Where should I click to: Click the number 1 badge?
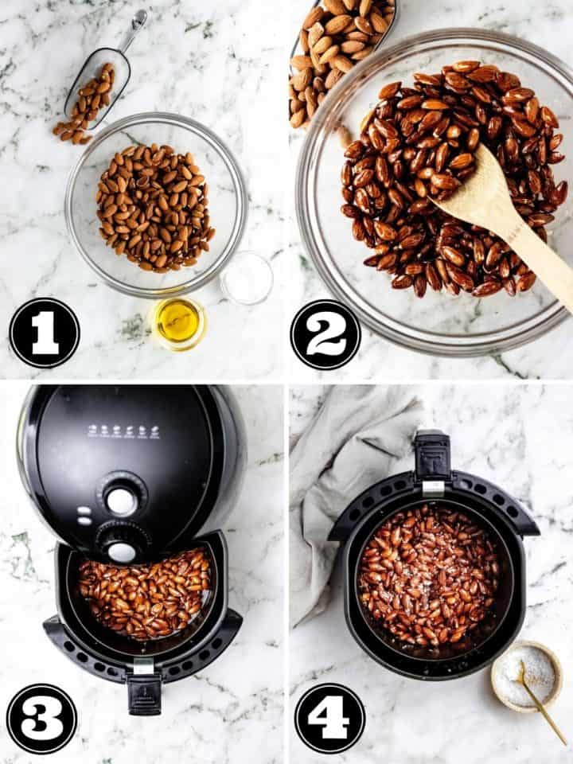(x=45, y=333)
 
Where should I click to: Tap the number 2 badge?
(x=325, y=334)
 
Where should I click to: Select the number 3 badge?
(x=41, y=719)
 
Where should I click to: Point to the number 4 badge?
(x=329, y=719)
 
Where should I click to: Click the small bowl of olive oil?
(x=177, y=322)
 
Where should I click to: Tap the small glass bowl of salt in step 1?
(x=248, y=278)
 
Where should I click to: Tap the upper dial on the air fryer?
(x=121, y=501)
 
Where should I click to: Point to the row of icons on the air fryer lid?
(x=123, y=431)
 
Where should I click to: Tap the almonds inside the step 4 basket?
(x=428, y=575)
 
